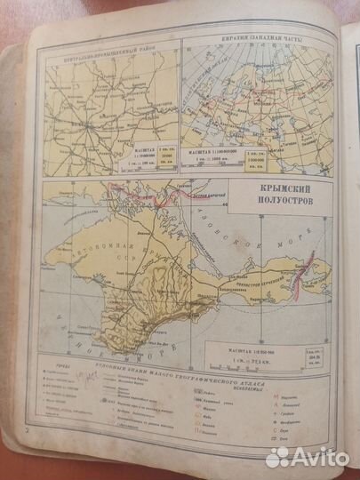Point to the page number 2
(28, 455)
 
